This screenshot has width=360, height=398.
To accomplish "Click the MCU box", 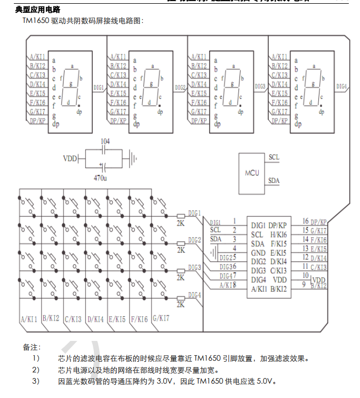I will pos(252,173).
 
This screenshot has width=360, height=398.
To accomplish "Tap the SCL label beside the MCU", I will pos(274,157).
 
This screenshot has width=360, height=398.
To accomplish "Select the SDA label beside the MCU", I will pos(274,181).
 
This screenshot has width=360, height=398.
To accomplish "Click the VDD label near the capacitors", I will pos(70,159).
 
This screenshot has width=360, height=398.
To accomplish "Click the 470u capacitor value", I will pos(100,177).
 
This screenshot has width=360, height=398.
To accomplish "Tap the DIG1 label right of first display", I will pos(99,86).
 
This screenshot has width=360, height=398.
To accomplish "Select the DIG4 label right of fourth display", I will pos(342,86).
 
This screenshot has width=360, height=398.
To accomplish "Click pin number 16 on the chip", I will pos(306,221).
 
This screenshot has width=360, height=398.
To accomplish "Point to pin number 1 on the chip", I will pos(234,220).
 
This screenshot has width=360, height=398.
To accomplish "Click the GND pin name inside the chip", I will pos(258,252).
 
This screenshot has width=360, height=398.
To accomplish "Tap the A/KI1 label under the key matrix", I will pos(29,319).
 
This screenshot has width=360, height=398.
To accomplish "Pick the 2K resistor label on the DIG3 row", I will pos(181,277).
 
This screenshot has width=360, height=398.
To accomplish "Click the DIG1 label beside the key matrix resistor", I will pos(194,213).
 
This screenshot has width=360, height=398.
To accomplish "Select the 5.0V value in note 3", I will pos(265,381).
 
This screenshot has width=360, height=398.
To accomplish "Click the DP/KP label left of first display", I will pos(37,121).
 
